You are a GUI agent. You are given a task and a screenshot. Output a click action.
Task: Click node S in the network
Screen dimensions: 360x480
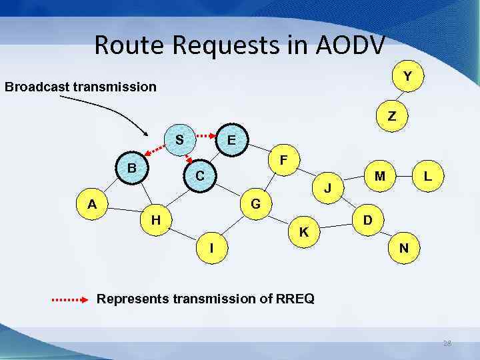pyautogui.click(x=179, y=140)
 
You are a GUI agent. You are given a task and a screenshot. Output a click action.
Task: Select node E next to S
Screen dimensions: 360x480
pyautogui.click(x=231, y=141)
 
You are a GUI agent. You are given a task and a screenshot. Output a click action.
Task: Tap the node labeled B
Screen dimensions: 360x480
pyautogui.click(x=133, y=168)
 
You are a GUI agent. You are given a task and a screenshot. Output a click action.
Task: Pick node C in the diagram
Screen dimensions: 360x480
pyautogui.click(x=199, y=176)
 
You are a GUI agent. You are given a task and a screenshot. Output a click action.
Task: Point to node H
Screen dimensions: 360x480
pyautogui.click(x=155, y=219)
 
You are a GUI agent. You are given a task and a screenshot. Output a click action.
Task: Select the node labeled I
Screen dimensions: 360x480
pyautogui.click(x=211, y=247)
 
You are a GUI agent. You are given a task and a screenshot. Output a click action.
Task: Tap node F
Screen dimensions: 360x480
pyautogui.click(x=284, y=161)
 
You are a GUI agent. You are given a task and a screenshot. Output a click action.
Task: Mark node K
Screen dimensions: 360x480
pyautogui.click(x=303, y=233)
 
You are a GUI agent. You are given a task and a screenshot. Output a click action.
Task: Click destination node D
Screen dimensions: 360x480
pyautogui.click(x=367, y=219)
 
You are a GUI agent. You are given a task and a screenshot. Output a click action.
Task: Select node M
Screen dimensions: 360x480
pyautogui.click(x=379, y=176)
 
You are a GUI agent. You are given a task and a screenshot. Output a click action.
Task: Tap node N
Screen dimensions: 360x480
pyautogui.click(x=404, y=248)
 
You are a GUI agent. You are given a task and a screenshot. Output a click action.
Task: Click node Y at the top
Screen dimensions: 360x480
pyautogui.click(x=407, y=77)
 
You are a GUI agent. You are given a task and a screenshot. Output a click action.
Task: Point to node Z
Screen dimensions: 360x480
pyautogui.click(x=391, y=115)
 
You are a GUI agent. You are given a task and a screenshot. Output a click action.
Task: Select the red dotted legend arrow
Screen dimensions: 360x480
pyautogui.click(x=70, y=300)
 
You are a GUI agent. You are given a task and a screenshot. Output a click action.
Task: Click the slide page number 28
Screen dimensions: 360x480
pyautogui.click(x=447, y=343)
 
